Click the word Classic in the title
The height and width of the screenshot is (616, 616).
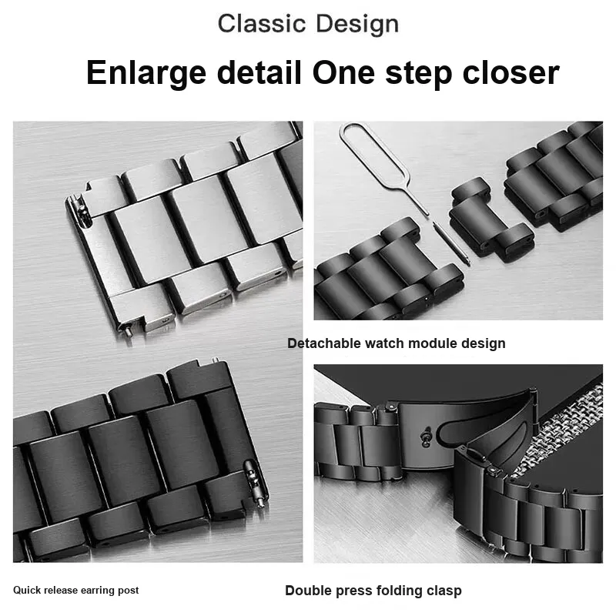tap(262, 24)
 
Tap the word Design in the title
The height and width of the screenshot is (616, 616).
tap(357, 25)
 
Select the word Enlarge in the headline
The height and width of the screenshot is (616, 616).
tap(146, 73)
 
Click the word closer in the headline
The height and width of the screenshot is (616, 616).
tap(511, 72)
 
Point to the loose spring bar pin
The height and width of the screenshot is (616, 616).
tap(451, 243)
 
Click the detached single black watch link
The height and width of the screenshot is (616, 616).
tap(488, 217)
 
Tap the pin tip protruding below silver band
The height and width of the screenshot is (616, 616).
tap(129, 332)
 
